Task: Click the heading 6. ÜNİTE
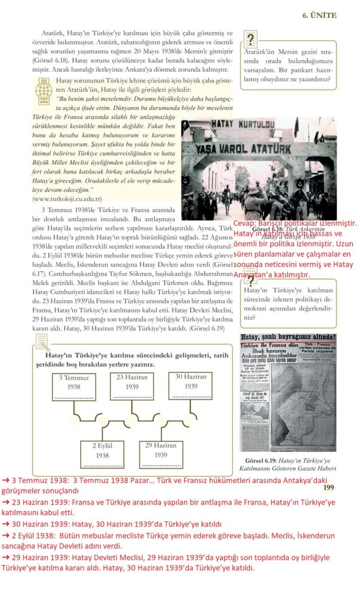point(320,15)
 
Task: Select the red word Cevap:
point(246,223)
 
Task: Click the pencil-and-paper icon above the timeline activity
point(42,342)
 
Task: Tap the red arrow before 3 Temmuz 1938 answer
point(5,480)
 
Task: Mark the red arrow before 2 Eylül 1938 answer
point(5,535)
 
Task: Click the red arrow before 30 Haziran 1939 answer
point(5,524)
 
